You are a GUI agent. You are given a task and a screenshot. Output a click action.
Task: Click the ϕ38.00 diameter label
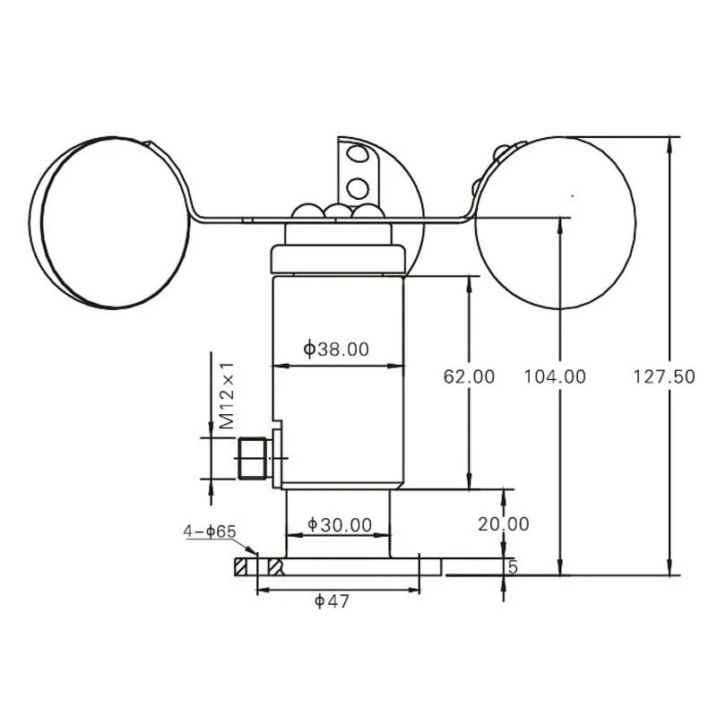(336, 350)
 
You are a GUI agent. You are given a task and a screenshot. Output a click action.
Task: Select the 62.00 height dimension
(469, 376)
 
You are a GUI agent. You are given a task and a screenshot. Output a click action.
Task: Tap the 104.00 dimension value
(555, 376)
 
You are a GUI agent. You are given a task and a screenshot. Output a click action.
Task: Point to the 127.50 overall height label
(664, 376)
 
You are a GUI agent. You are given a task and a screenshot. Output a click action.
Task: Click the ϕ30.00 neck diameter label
(340, 525)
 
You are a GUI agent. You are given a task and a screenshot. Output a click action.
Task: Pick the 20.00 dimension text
(504, 524)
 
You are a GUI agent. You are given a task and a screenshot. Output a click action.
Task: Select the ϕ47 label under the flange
(332, 601)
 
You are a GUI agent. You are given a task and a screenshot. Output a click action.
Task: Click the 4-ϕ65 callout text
(210, 531)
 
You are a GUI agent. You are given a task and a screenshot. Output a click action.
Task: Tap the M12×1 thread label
(227, 396)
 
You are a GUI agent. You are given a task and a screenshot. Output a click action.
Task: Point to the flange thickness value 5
(513, 567)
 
